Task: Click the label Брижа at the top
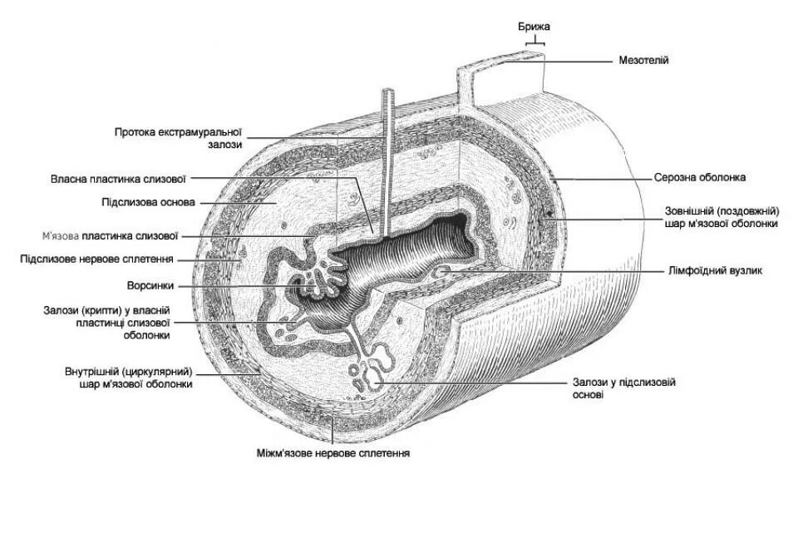pos(534,27)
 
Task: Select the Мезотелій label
pos(643,60)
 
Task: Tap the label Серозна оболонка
pos(699,177)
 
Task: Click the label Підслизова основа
pos(148,202)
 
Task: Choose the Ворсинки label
pos(150,285)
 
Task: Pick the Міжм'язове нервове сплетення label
pos(333,453)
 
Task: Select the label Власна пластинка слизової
pos(117,178)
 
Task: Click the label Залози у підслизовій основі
pos(623,388)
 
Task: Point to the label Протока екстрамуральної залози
pos(178,138)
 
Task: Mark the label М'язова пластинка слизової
pos(110,236)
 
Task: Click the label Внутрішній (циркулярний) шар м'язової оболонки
pos(129,378)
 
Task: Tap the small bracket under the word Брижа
pos(536,40)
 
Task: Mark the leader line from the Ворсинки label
pos(241,285)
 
